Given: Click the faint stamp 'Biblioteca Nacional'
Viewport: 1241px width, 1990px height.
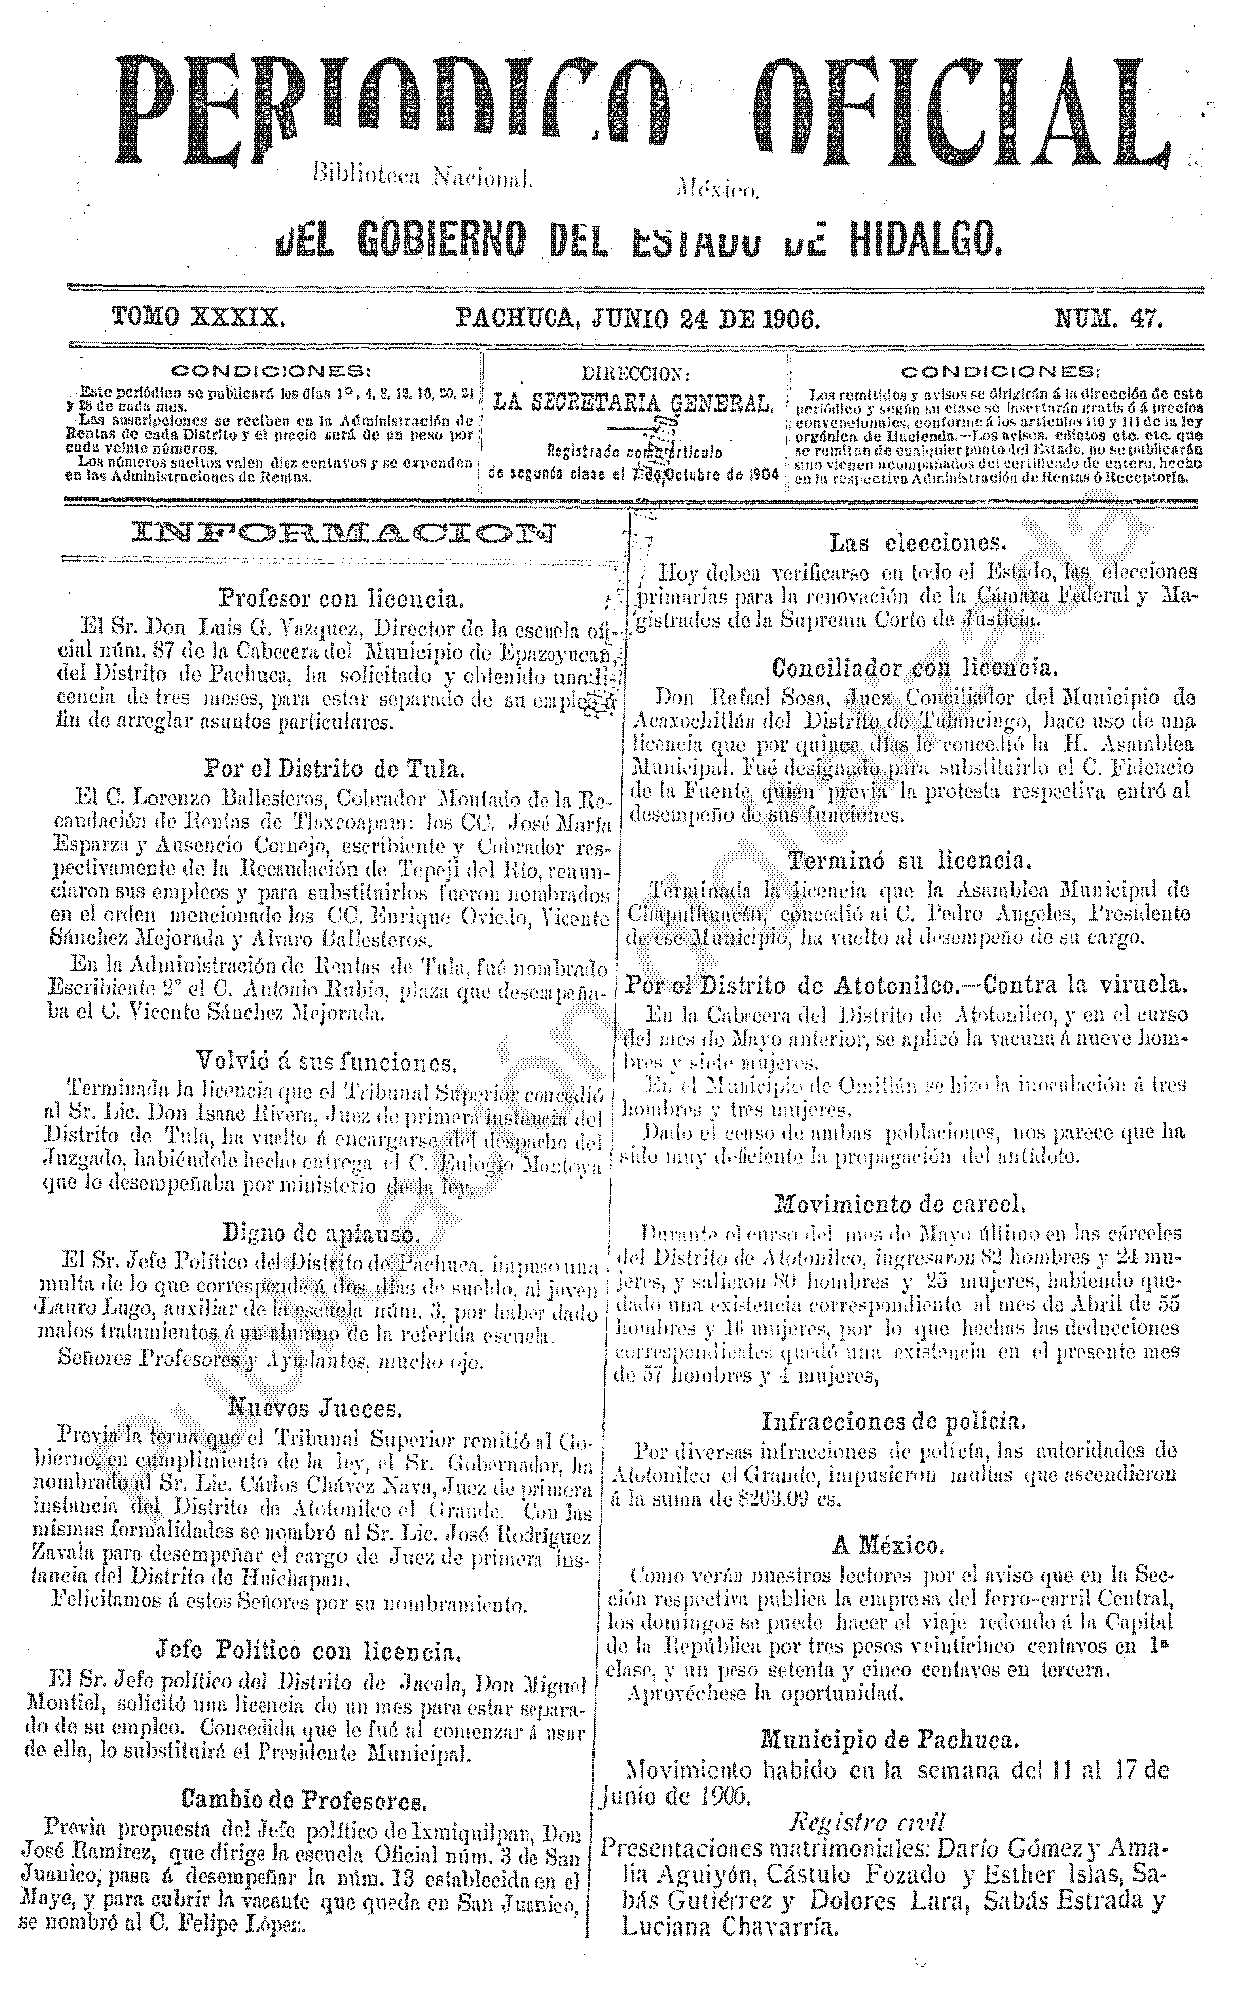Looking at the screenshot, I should click(x=423, y=175).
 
